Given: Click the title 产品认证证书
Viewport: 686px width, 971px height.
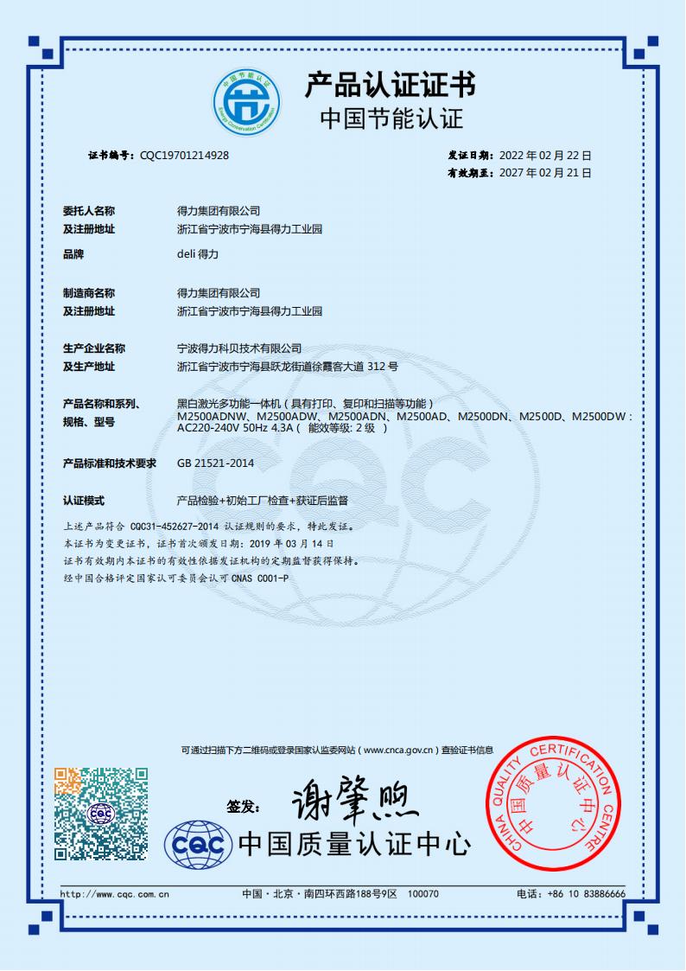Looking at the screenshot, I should point(389,85).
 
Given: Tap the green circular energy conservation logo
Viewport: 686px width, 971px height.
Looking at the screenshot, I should point(247,108).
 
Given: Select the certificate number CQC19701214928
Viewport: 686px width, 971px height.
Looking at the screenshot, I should point(184,156).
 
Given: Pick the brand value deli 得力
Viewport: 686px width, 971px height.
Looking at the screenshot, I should point(198,255).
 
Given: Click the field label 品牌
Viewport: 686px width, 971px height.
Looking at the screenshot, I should point(73,255).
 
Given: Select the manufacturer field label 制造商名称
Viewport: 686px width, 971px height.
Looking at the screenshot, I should point(89,293).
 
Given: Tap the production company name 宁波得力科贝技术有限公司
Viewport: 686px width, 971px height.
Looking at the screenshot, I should point(239,348).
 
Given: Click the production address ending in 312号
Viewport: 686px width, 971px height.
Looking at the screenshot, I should point(287,367).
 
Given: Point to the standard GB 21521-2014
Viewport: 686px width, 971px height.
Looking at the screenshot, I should point(215,463).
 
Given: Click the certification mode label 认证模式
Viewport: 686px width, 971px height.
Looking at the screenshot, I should point(84,501).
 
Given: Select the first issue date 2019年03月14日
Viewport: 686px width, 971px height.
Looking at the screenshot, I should point(291,543).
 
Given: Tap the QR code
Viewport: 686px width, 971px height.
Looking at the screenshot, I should point(101,813).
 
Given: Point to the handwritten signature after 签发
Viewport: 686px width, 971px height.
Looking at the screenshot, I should point(354,802).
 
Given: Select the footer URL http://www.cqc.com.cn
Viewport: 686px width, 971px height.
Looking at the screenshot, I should point(114,894).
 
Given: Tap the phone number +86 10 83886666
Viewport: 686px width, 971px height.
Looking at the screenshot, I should point(586,894).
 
